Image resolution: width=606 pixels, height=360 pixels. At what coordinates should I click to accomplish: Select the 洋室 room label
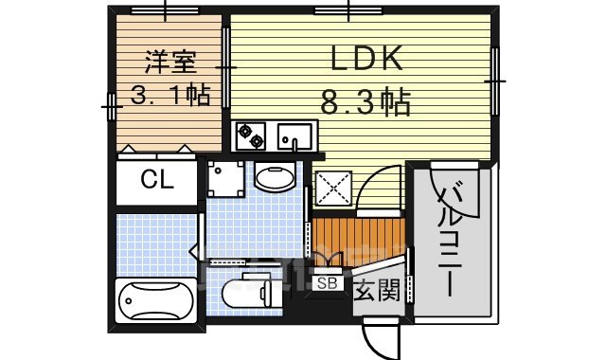click(169, 63)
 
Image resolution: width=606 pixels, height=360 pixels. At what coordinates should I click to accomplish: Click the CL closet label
click(156, 180)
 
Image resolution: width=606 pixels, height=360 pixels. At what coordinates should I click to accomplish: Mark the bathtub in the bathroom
click(155, 305)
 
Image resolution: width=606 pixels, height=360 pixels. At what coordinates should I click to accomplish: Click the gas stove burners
click(251, 135)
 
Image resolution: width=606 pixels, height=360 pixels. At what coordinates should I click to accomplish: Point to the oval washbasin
click(276, 177)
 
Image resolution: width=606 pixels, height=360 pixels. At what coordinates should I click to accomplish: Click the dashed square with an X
click(334, 189)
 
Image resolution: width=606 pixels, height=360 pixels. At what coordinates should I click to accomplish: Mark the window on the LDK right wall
click(493, 80)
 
